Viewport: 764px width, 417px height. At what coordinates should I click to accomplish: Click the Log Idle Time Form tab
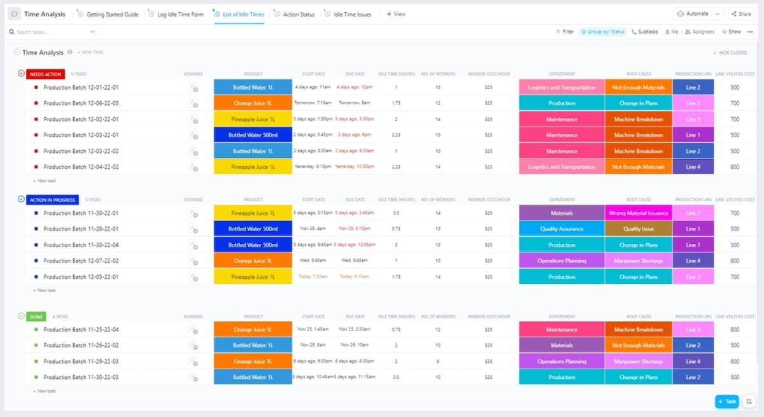[180, 14]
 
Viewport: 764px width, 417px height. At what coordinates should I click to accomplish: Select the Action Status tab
[298, 14]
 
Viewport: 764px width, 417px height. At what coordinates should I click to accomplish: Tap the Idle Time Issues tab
[352, 14]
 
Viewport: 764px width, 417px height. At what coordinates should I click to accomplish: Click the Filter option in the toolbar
[565, 31]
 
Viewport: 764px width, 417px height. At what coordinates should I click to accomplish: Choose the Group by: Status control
[602, 31]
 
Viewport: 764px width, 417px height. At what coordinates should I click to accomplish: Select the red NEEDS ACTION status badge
[45, 74]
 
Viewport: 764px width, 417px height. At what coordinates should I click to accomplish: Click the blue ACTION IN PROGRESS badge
[53, 200]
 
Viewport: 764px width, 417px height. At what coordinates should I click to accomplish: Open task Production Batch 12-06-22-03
[81, 103]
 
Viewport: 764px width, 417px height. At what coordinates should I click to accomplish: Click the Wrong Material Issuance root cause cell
[639, 213]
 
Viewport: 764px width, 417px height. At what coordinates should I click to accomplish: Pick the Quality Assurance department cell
[562, 229]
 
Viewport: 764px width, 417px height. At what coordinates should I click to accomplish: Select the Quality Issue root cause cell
[639, 229]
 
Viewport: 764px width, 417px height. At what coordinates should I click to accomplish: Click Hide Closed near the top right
[731, 53]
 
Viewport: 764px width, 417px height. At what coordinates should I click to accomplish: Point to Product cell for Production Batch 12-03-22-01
[253, 135]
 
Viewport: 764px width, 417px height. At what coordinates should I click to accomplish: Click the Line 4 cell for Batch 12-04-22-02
[693, 167]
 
